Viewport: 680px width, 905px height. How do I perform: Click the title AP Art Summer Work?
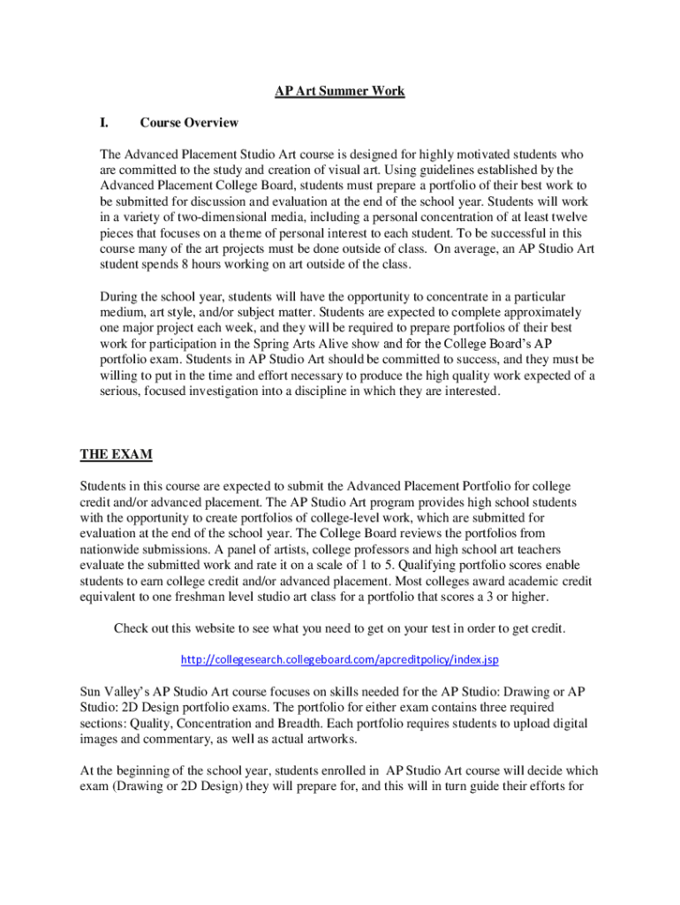(x=339, y=91)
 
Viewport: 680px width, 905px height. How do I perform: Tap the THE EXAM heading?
(x=117, y=454)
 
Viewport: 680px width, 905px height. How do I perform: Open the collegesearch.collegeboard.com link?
(x=340, y=659)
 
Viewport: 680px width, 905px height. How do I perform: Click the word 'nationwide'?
(x=112, y=550)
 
